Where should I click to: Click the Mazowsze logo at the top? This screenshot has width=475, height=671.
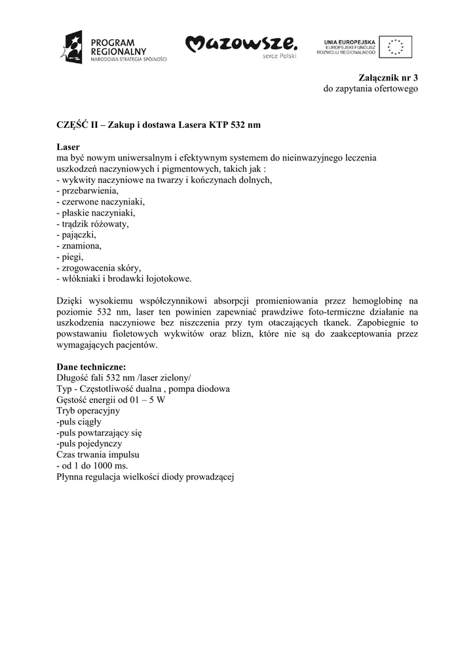pyautogui.click(x=241, y=45)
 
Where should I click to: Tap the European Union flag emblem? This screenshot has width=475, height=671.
pyautogui.click(x=396, y=46)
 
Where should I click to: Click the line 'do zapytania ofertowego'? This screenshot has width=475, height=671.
pyautogui.click(x=370, y=88)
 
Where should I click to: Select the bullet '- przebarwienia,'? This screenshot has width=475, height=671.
pyautogui.click(x=87, y=191)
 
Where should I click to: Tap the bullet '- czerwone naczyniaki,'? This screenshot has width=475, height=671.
pyautogui.click(x=100, y=202)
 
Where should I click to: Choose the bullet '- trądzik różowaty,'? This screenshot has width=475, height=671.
pyautogui.click(x=93, y=223)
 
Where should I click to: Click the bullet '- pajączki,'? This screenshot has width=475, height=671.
pyautogui.click(x=77, y=235)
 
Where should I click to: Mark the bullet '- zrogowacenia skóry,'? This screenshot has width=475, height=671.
pyautogui.click(x=99, y=268)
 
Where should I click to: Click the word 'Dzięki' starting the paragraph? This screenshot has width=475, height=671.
pyautogui.click(x=70, y=301)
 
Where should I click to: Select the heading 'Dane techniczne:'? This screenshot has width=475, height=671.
pyautogui.click(x=91, y=367)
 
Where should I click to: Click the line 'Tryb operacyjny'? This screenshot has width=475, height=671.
pyautogui.click(x=88, y=411)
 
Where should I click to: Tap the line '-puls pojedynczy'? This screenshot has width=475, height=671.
pyautogui.click(x=89, y=444)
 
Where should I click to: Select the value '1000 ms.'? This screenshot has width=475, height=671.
pyautogui.click(x=112, y=466)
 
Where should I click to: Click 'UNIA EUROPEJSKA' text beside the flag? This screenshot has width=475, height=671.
pyautogui.click(x=347, y=41)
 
